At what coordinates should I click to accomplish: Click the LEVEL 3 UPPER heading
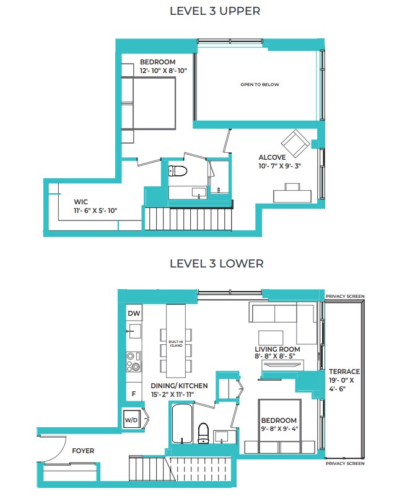click(x=215, y=11)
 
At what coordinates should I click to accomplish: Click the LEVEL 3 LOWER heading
click(x=216, y=264)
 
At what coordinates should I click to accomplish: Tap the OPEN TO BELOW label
click(x=260, y=85)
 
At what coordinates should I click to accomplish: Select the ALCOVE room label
click(x=272, y=157)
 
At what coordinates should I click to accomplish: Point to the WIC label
click(x=81, y=202)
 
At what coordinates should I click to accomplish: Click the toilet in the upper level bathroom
click(x=178, y=171)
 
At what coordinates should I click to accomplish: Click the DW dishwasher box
click(x=134, y=313)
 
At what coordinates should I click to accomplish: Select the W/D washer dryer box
click(x=131, y=419)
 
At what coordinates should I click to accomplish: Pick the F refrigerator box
click(x=134, y=393)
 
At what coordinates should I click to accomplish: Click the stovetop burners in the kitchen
click(x=134, y=361)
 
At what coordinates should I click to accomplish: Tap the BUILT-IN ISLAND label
click(x=176, y=344)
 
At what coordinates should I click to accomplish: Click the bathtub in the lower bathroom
click(x=182, y=424)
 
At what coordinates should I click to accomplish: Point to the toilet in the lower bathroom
click(x=203, y=433)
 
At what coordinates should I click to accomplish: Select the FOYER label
click(x=83, y=451)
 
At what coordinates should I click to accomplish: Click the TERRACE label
click(x=344, y=371)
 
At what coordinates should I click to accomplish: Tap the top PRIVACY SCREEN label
click(x=345, y=297)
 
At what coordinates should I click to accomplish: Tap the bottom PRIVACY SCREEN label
click(x=345, y=464)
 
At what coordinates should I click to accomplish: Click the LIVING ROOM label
click(x=277, y=349)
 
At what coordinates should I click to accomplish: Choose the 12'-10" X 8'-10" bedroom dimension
click(x=164, y=71)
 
